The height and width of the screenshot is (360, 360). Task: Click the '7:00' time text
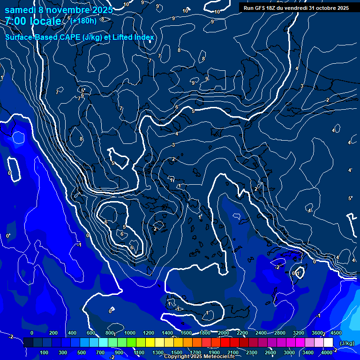(15, 22)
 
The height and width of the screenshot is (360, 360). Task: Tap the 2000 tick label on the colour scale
(224, 333)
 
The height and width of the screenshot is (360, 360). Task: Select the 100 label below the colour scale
(45, 352)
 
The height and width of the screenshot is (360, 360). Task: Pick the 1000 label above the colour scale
(130, 333)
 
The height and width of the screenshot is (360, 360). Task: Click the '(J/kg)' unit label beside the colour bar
(346, 344)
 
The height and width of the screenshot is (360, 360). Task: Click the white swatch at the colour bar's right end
(328, 343)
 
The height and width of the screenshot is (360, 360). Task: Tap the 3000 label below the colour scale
(289, 352)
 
